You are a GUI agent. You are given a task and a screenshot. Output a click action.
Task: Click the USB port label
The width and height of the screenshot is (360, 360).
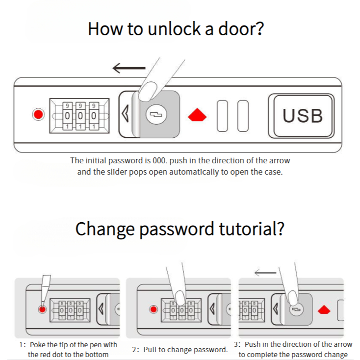click(x=303, y=115)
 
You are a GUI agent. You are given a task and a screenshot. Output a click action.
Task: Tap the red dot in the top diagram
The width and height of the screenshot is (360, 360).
click(x=38, y=114)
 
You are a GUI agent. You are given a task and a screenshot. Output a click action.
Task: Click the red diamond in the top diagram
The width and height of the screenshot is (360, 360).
click(x=197, y=115)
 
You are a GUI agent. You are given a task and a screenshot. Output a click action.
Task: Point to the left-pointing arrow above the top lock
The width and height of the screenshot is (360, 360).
click(x=129, y=68)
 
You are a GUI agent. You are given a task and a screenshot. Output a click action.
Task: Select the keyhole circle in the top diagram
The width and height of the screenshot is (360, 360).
click(x=156, y=114)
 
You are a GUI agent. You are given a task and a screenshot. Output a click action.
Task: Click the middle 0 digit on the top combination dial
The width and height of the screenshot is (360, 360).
click(x=80, y=116)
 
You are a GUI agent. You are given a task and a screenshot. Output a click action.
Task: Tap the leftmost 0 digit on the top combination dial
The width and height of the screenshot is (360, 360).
click(x=67, y=116)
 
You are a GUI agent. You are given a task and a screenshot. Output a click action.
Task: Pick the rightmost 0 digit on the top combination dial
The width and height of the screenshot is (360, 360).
click(x=94, y=116)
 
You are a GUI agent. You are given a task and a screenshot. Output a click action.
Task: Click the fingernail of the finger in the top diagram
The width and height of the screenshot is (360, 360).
click(x=148, y=91)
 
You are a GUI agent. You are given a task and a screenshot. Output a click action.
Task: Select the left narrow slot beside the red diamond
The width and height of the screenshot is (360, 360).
click(x=223, y=116)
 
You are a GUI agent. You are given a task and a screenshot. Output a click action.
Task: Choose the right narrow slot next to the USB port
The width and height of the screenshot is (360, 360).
click(x=243, y=116)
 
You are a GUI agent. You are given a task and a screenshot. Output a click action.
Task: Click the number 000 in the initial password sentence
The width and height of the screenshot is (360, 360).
click(x=159, y=160)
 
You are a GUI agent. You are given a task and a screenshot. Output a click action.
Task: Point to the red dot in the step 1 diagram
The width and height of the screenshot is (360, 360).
click(x=42, y=309)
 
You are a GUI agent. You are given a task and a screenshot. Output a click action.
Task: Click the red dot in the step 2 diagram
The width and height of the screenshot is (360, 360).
click(x=154, y=309)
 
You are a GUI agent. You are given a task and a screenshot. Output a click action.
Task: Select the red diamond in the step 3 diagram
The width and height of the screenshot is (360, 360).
click(x=324, y=309)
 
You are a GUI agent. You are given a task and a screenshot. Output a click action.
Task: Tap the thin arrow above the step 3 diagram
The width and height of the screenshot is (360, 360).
click(x=265, y=273)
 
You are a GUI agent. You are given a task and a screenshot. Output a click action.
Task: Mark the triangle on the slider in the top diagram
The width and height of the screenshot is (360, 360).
click(x=125, y=114)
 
